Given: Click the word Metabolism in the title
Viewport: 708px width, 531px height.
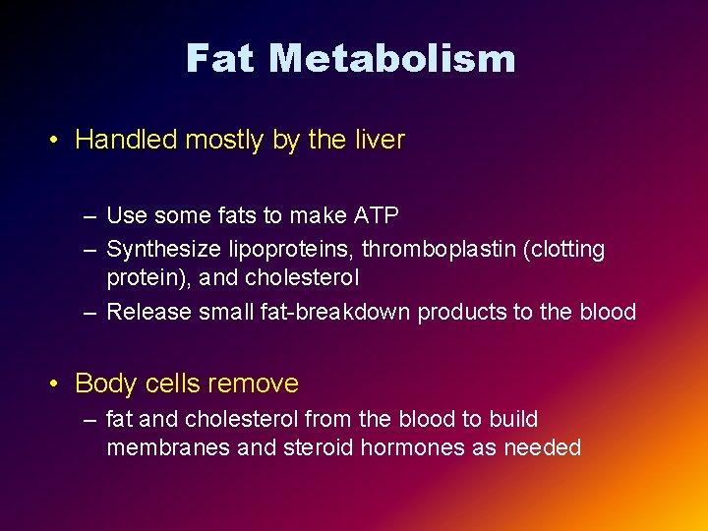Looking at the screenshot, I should click(x=391, y=59).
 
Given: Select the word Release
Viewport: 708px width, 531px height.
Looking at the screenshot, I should click(x=148, y=313).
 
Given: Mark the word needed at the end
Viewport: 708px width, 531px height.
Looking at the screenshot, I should click(x=542, y=448).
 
